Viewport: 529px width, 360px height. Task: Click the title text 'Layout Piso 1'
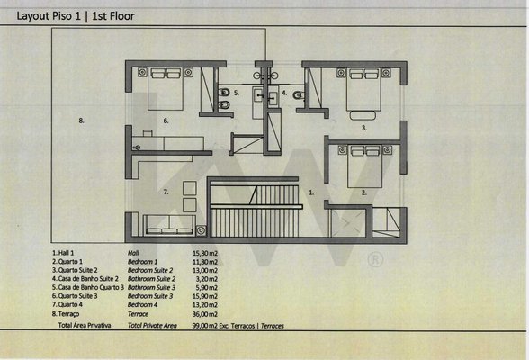coord(49,16)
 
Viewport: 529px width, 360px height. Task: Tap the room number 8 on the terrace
coord(81,121)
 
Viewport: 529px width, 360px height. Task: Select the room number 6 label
coord(166,121)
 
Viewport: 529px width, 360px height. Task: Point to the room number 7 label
coord(166,192)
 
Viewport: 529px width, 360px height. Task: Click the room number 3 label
coord(364,128)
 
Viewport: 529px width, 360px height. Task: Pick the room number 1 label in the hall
coord(311,193)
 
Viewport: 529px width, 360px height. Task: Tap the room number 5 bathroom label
coord(237,93)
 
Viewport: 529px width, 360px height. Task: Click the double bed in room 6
coord(166,89)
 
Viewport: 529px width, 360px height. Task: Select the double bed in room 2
coord(365,166)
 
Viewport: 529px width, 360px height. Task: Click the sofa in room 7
coord(170,225)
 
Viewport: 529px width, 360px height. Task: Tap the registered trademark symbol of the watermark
coord(375,260)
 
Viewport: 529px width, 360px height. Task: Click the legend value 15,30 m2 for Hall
coord(205,253)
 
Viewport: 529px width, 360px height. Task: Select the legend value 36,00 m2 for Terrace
coord(205,314)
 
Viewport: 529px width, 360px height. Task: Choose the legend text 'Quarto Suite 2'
coord(78,270)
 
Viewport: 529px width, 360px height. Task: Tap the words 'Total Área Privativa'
coord(85,325)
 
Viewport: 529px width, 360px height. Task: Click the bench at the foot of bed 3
coord(363,115)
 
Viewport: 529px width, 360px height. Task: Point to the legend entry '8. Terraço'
coord(66,314)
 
